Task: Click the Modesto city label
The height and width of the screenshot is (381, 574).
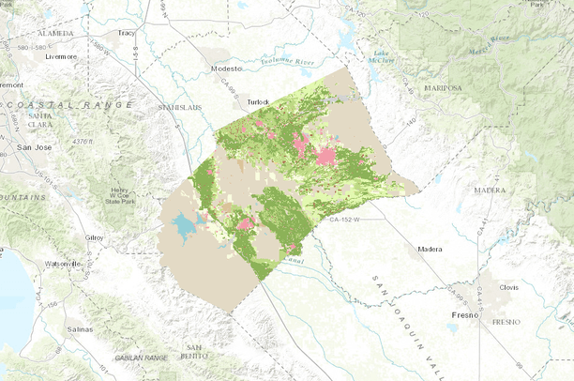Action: point(226,69)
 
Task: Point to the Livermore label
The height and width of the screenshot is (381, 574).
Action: point(62,56)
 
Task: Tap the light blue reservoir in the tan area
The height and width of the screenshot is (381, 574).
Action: point(185,226)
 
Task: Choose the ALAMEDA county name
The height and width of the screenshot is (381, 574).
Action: point(54,34)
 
